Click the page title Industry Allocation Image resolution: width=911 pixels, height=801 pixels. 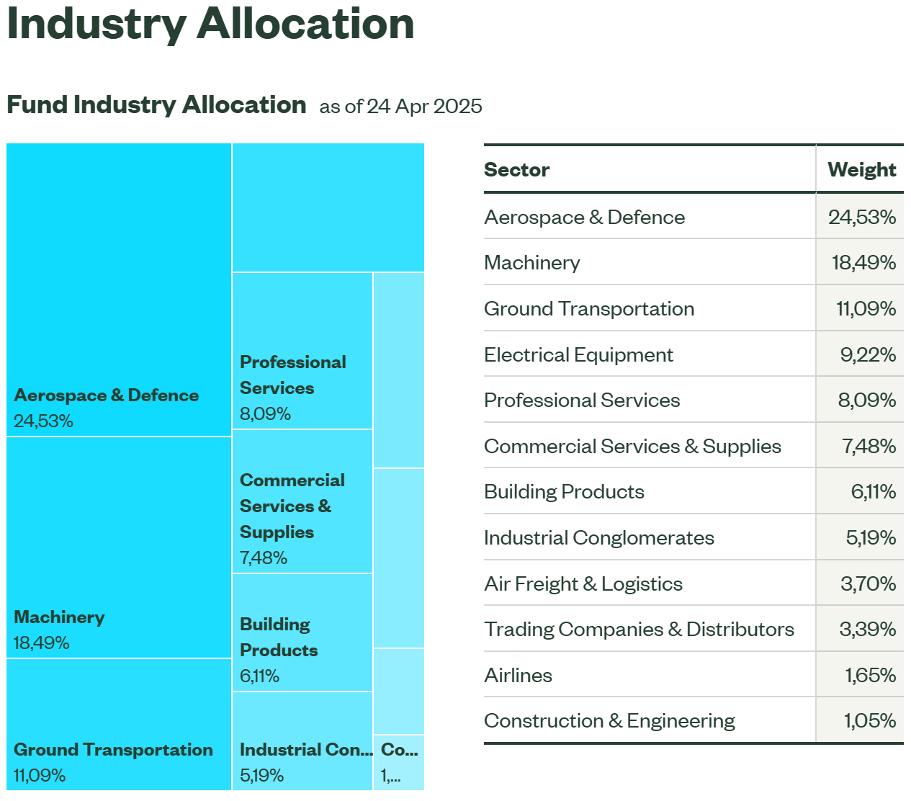(x=210, y=24)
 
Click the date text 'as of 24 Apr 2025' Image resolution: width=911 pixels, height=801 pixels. (x=400, y=107)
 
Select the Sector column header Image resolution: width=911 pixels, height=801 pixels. (x=516, y=170)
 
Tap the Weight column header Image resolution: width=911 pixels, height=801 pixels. (x=861, y=170)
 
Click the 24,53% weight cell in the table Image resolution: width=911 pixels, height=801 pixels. (x=861, y=218)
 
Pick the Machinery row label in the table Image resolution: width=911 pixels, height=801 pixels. (x=531, y=263)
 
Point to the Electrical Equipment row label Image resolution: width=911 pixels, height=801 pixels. (x=578, y=355)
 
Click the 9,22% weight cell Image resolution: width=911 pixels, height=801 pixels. (x=867, y=355)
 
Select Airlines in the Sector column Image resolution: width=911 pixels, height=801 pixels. (x=518, y=676)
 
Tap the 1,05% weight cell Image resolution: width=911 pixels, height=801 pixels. (x=869, y=721)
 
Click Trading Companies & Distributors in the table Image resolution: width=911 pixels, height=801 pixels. (x=639, y=630)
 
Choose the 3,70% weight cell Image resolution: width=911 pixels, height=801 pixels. (x=868, y=584)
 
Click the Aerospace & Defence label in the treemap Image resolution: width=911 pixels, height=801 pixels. (x=107, y=395)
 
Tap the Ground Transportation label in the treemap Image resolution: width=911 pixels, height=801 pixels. (x=113, y=750)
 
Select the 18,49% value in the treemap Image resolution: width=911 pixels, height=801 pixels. (x=41, y=643)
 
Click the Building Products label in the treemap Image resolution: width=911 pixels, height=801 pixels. (x=278, y=637)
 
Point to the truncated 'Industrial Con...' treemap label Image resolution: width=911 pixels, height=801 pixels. (x=305, y=750)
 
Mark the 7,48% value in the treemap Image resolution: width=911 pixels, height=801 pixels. (x=263, y=558)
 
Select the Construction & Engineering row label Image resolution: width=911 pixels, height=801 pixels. (x=609, y=721)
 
